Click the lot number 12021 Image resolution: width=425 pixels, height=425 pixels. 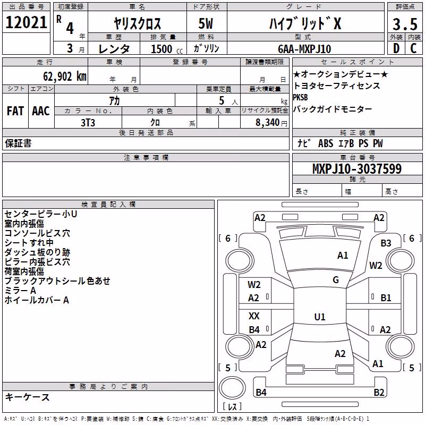coord(26,22)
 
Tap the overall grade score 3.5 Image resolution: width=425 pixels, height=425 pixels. coord(405,24)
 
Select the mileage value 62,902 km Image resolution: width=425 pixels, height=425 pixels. coord(65,76)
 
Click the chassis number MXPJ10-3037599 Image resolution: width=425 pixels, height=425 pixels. coord(357,169)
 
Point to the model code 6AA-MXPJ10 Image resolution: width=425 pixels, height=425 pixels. coord(304,49)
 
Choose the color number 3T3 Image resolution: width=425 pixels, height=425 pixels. coord(88,123)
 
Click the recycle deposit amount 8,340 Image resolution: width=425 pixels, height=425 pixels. coord(268,123)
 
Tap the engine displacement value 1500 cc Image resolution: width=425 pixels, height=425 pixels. coord(167,49)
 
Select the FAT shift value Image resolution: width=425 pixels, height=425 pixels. coord(15,111)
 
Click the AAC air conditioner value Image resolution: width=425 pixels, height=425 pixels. coord(41,111)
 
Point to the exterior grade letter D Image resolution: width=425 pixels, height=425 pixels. coord(396,48)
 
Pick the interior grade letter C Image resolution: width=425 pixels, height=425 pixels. coord(413,48)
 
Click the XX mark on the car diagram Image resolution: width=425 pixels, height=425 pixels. coord(254,316)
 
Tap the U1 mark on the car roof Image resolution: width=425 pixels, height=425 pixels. coord(320,317)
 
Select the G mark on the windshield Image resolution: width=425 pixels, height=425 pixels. coord(336,280)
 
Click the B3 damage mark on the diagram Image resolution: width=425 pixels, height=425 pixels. coord(386,243)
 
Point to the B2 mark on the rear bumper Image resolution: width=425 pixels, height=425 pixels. coord(379,392)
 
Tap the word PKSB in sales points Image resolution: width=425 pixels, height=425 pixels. coord(300,97)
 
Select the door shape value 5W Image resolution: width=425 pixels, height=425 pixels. coord(206,23)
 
